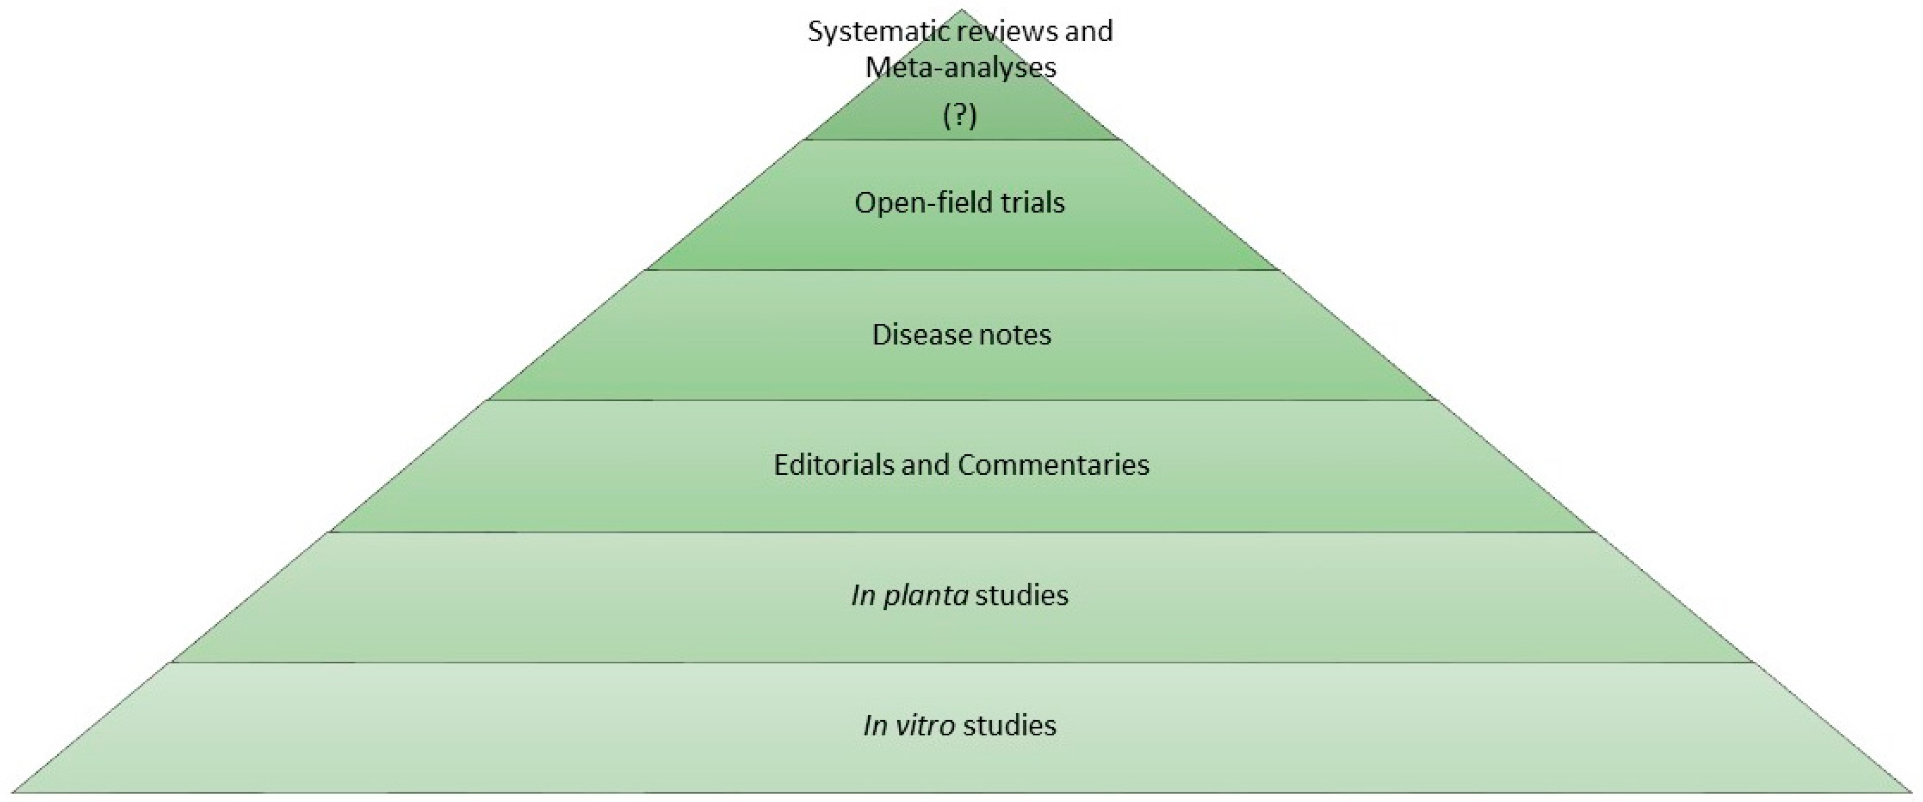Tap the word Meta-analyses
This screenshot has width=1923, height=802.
961,68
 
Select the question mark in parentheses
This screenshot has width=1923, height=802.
960,116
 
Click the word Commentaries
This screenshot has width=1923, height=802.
1053,465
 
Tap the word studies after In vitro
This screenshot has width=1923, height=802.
1009,726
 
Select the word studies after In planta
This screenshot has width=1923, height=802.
1022,595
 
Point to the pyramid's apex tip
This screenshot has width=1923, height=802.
961,10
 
